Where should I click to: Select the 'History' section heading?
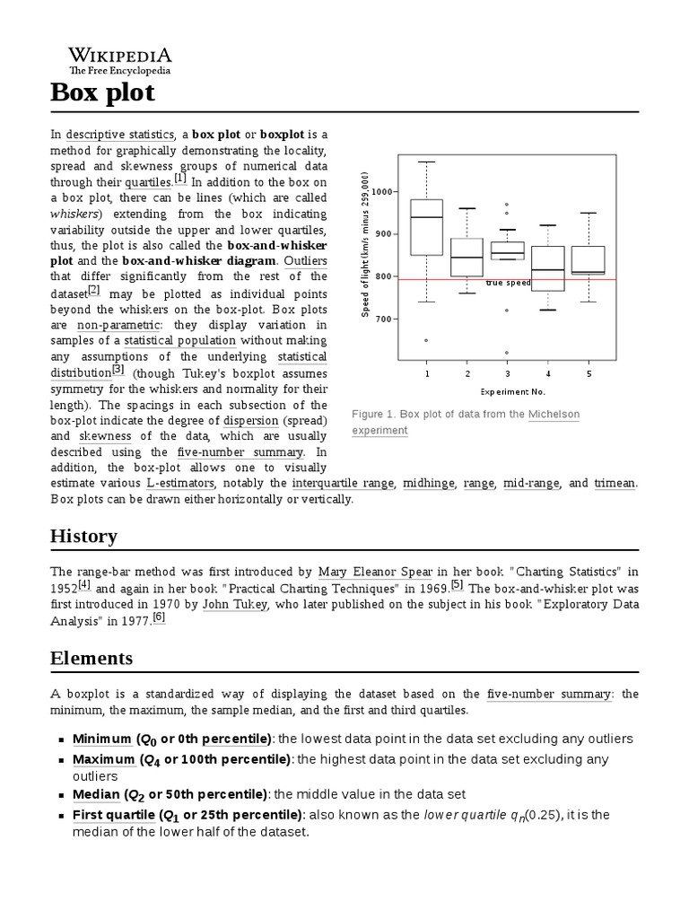[x=83, y=536]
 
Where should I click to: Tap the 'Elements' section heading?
[x=91, y=658]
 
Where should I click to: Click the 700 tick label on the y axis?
[x=385, y=319]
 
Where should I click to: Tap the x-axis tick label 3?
[x=507, y=372]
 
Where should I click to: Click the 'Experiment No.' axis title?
[x=512, y=391]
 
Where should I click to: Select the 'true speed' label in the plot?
[x=509, y=283]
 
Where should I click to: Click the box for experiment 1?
[x=426, y=227]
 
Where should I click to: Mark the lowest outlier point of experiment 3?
[x=507, y=353]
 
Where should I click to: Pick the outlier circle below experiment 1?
[x=426, y=340]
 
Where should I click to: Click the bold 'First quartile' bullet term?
[x=113, y=815]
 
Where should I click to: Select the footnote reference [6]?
[x=159, y=617]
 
